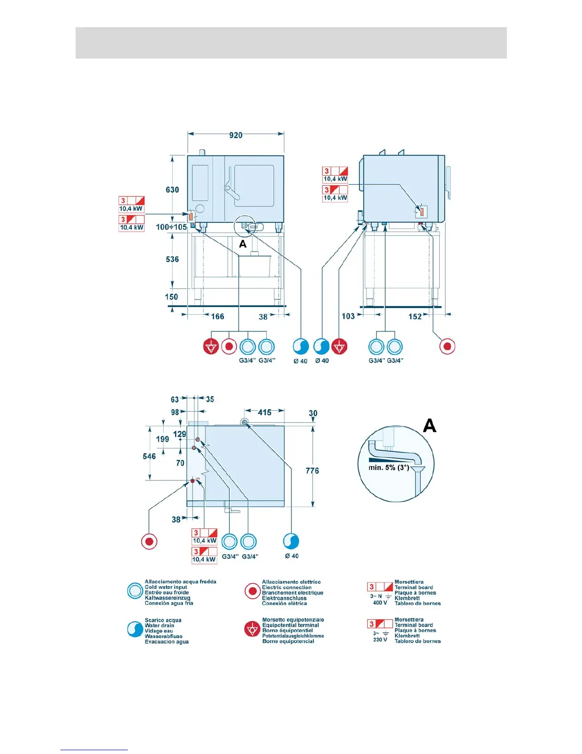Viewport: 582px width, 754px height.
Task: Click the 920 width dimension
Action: [x=236, y=135]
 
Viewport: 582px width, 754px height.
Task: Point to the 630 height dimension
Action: [x=172, y=190]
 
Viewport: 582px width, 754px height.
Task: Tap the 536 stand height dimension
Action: [x=172, y=259]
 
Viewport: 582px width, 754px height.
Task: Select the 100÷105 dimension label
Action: [x=171, y=227]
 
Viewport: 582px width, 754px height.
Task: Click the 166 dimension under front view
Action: [x=217, y=317]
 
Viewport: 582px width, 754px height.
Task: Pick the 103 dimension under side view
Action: [x=348, y=317]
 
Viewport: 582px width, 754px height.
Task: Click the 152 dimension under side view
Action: [x=415, y=317]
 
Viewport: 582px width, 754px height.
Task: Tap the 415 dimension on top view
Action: [x=264, y=413]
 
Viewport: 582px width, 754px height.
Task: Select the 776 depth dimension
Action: [x=312, y=471]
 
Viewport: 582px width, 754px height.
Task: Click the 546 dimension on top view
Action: [x=149, y=456]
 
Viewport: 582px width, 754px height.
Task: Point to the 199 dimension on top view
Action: [x=163, y=439]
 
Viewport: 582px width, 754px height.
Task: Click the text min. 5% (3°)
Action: [x=388, y=467]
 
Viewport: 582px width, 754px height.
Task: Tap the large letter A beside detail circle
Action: [x=429, y=425]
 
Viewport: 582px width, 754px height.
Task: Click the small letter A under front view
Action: [x=242, y=244]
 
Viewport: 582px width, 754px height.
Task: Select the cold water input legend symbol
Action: [x=135, y=591]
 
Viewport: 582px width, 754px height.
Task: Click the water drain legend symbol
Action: [x=135, y=629]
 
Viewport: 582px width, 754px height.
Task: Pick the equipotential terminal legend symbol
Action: [x=252, y=629]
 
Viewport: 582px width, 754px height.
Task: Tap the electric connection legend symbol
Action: [x=252, y=591]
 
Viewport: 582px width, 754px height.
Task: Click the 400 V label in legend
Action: [x=380, y=603]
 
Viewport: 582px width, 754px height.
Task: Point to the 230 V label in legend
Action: [x=380, y=640]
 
